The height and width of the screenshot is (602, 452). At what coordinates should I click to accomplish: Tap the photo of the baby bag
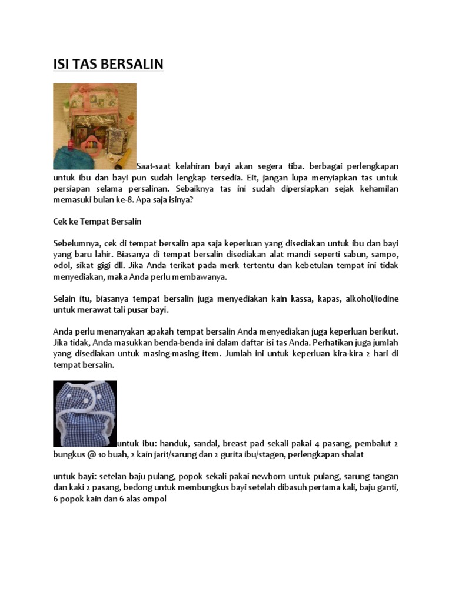click(x=95, y=126)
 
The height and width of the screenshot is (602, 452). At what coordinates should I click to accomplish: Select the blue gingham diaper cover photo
click(x=85, y=413)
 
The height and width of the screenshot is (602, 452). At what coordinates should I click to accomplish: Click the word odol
click(x=62, y=266)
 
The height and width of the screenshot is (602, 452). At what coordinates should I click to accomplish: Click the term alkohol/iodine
click(x=374, y=299)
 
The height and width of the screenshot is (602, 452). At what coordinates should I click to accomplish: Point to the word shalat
click(x=350, y=454)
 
